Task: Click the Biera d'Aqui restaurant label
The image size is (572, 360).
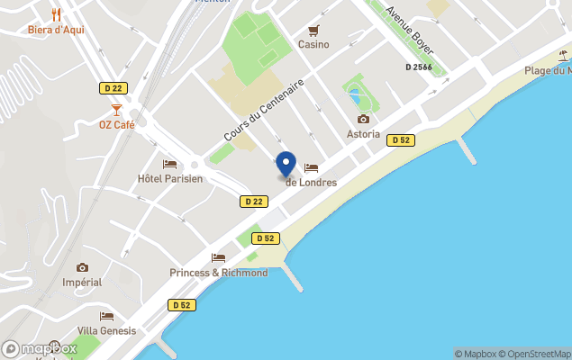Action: (x=56, y=29)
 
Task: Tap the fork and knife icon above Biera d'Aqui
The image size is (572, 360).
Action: (x=57, y=13)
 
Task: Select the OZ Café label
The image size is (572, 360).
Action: (x=116, y=124)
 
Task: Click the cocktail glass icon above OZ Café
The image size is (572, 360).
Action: (x=116, y=109)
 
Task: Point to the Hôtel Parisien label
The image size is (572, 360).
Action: (x=169, y=178)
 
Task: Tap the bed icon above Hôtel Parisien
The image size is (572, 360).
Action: (x=169, y=164)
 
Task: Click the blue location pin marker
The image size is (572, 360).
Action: (x=286, y=165)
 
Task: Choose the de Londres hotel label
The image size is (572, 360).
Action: (x=311, y=182)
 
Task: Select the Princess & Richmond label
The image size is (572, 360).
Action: (x=218, y=273)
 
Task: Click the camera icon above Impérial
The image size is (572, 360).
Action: (x=83, y=267)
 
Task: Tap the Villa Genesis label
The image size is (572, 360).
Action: (x=106, y=330)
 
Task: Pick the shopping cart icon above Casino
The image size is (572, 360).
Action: (x=313, y=30)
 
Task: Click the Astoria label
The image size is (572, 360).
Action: (x=363, y=134)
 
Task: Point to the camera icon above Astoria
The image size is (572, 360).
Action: (x=363, y=119)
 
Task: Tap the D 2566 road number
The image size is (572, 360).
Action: (x=420, y=67)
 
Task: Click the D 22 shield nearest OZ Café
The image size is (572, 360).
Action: (x=111, y=87)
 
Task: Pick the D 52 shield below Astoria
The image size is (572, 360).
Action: (x=400, y=139)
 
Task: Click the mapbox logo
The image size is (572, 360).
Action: (x=40, y=348)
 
